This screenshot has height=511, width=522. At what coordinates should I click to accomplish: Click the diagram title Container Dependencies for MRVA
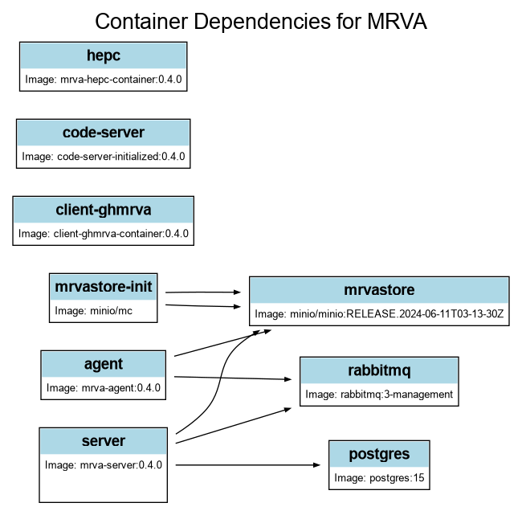pyautogui.click(x=261, y=22)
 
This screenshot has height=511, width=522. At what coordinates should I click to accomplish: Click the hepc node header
pyautogui.click(x=104, y=56)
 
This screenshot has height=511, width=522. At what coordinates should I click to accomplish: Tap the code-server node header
pyautogui.click(x=104, y=133)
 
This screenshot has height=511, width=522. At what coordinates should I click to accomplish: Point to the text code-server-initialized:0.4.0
pyautogui.click(x=104, y=157)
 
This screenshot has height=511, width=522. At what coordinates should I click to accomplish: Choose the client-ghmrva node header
pyautogui.click(x=104, y=210)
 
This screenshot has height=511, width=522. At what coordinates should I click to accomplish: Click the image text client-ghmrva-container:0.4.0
pyautogui.click(x=104, y=234)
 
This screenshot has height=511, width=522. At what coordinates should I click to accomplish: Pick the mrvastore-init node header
pyautogui.click(x=104, y=286)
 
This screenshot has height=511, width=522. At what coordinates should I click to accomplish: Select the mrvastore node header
pyautogui.click(x=379, y=290)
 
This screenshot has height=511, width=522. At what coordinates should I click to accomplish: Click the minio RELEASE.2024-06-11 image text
pyautogui.click(x=379, y=314)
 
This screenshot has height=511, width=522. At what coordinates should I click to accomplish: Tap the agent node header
pyautogui.click(x=104, y=364)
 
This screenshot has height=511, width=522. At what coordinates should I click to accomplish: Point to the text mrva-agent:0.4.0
pyautogui.click(x=104, y=388)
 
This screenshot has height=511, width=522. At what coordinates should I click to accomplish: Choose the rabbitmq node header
pyautogui.click(x=379, y=370)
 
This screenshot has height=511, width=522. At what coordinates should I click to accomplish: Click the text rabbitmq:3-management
pyautogui.click(x=379, y=394)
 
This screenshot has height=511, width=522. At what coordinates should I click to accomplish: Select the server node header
pyautogui.click(x=104, y=441)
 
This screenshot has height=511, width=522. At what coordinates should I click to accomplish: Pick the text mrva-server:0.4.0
pyautogui.click(x=104, y=464)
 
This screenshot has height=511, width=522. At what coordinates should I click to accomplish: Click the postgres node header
pyautogui.click(x=379, y=455)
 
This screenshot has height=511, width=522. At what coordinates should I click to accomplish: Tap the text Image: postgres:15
pyautogui.click(x=379, y=479)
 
